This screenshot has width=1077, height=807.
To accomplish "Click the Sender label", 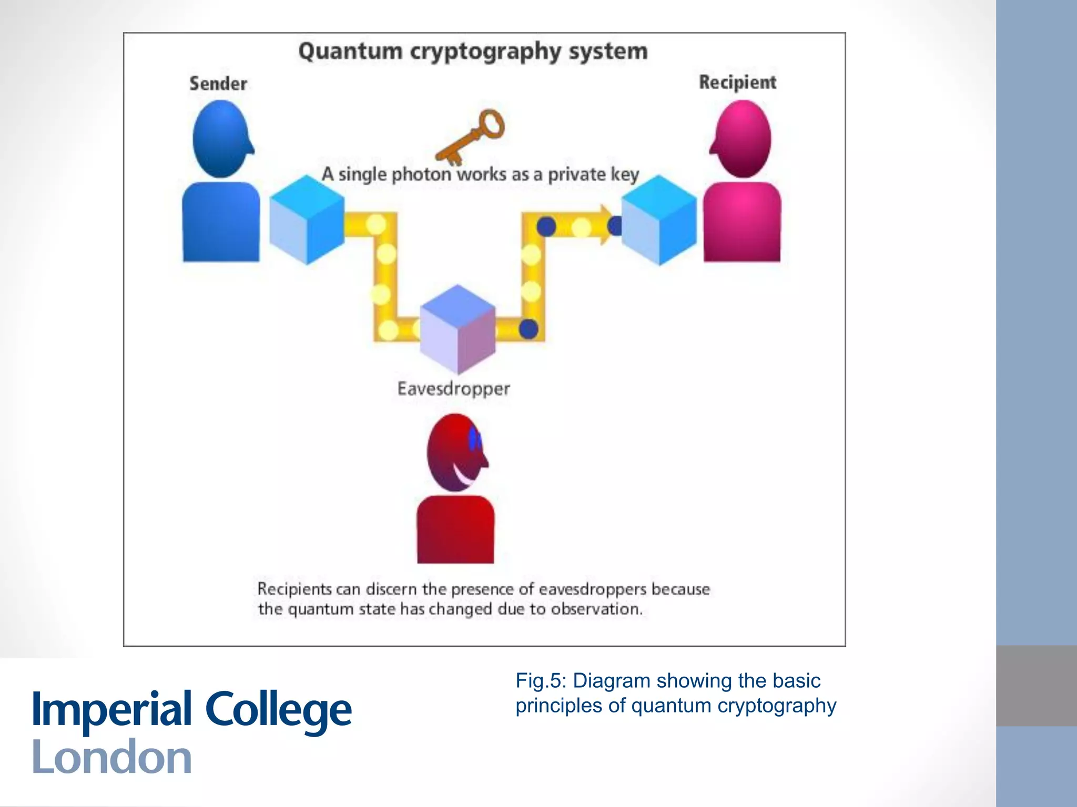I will point(218,84).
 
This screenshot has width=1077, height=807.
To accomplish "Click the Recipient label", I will point(737,82).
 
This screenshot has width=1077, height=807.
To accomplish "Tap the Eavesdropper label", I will point(453,389).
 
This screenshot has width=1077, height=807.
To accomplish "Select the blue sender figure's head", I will point(221,139).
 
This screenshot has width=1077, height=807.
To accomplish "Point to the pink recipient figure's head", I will point(742,139).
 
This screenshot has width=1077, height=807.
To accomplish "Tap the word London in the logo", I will point(111,757).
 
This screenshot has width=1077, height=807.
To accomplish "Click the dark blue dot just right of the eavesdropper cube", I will point(529,329).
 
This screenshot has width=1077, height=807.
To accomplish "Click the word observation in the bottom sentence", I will point(596,609).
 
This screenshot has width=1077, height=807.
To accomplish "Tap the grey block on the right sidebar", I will point(1036,686).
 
